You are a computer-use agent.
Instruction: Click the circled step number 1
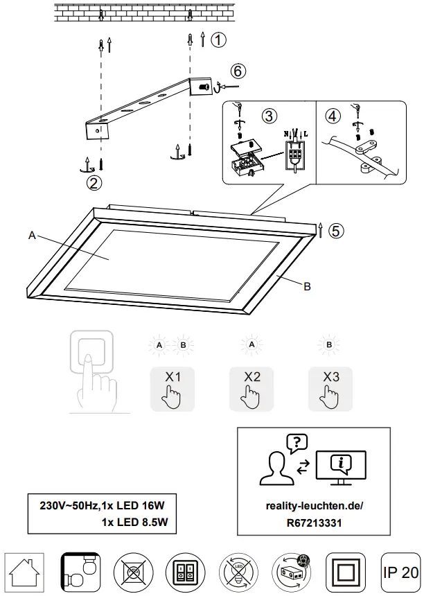tap(218, 40)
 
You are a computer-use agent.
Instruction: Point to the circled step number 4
tap(333, 116)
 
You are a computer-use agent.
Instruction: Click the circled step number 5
tap(336, 230)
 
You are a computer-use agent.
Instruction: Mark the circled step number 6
tap(238, 71)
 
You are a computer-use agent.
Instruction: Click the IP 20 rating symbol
tap(400, 572)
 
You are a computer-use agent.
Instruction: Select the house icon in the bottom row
tap(25, 572)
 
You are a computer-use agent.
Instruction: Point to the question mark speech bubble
tap(297, 441)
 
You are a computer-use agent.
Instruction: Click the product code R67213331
tap(314, 523)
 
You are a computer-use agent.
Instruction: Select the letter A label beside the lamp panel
tap(32, 236)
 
